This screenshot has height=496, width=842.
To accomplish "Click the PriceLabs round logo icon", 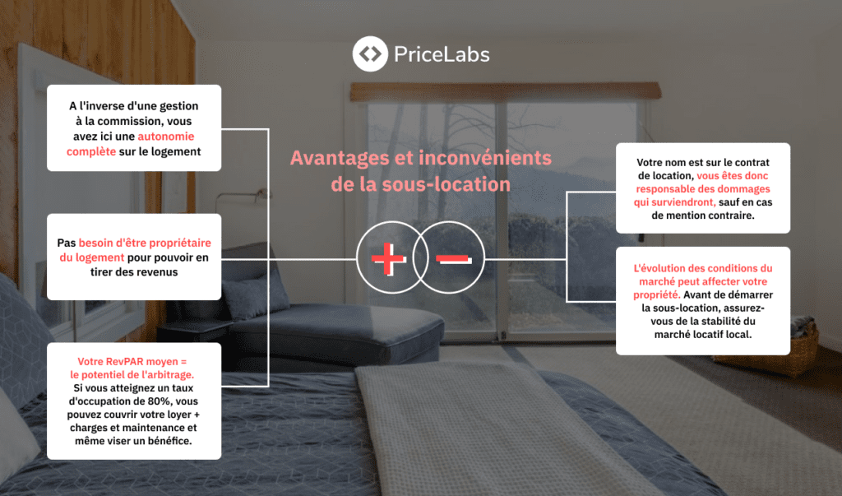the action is [x=370, y=53].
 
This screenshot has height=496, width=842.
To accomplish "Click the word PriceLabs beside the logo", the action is [x=442, y=54].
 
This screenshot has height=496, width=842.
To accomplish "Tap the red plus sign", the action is [x=388, y=259].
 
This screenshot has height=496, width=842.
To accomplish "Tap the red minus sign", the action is [x=454, y=260].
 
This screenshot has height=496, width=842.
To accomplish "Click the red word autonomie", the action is [x=166, y=137].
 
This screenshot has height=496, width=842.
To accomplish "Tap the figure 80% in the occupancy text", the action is [x=160, y=401].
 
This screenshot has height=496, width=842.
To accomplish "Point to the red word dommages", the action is [x=745, y=189].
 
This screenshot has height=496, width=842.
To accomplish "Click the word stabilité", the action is [x=715, y=322].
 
